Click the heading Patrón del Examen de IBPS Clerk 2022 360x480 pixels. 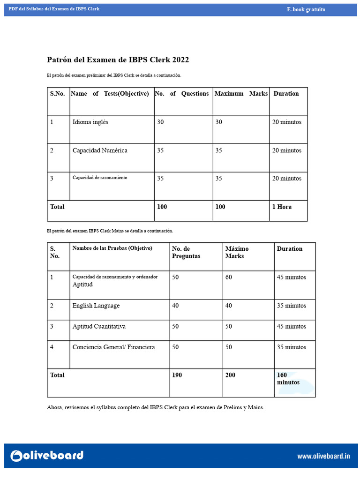click(x=118, y=60)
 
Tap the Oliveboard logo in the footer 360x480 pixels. click(x=47, y=455)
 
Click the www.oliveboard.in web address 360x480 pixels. click(x=323, y=456)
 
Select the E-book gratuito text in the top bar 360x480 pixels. click(x=306, y=9)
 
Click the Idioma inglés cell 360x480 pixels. click(x=90, y=122)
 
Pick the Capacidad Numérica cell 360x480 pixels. click(x=100, y=150)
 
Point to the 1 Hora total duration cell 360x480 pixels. click(x=282, y=207)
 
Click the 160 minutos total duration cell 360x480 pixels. click(x=288, y=379)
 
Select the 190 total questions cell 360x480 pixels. click(x=177, y=375)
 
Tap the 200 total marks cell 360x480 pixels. click(x=231, y=375)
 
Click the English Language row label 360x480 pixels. click(x=96, y=306)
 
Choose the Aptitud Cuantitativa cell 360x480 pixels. click(x=99, y=326)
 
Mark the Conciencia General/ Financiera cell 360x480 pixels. click(x=113, y=347)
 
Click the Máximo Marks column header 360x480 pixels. click(x=237, y=252)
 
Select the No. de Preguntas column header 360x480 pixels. click(x=186, y=252)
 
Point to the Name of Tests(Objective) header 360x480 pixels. click(x=110, y=94)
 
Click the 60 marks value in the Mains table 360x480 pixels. click(x=229, y=277)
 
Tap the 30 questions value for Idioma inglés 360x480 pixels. click(x=161, y=122)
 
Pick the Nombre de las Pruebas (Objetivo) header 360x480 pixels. click(x=112, y=248)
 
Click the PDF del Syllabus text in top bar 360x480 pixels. click(x=54, y=9)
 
